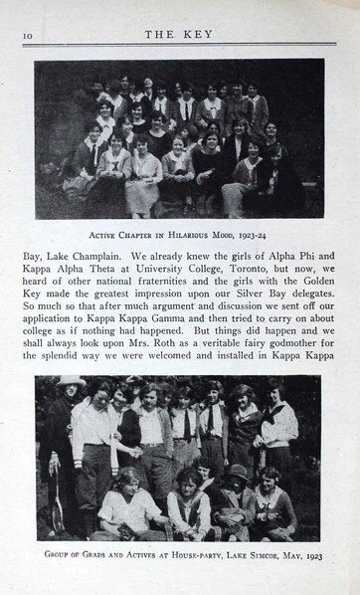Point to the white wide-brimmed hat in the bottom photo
click(70, 382)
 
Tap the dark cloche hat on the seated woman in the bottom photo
click(240, 472)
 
